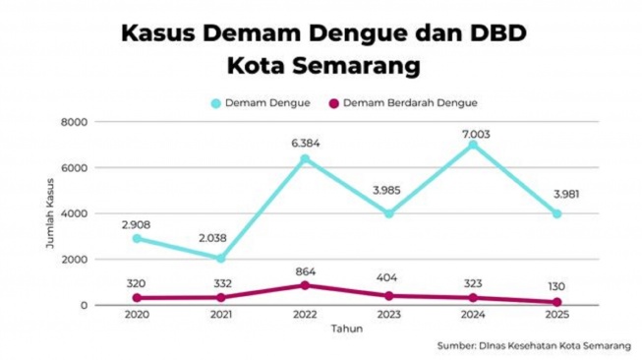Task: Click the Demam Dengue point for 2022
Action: coord(306,158)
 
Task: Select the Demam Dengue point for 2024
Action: coord(473,145)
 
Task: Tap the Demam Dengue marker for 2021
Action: coord(221,258)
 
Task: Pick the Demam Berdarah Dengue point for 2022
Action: coord(306,285)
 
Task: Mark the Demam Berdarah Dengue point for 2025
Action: coord(557,302)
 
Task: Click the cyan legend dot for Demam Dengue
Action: coord(215,102)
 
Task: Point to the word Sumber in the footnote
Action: coord(459,346)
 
